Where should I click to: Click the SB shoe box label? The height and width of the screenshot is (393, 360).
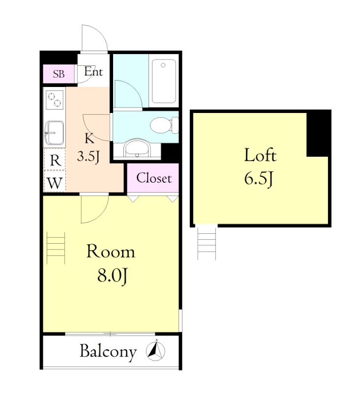click(59, 74)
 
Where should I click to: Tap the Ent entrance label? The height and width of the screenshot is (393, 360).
click(93, 72)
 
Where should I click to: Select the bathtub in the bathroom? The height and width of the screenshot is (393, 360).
click(164, 81)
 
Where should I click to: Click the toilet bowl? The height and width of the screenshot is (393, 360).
click(164, 125)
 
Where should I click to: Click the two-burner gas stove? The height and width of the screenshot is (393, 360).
click(55, 100)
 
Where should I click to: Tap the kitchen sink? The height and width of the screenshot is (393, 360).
click(54, 133)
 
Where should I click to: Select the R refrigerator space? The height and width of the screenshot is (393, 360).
click(55, 160)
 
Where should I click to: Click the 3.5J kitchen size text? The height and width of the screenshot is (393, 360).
click(89, 157)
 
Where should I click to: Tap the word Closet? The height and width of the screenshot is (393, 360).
click(154, 178)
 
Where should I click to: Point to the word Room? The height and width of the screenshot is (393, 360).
click(111, 252)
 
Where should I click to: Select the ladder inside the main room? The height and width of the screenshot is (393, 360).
click(56, 248)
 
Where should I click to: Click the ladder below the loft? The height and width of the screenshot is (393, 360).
click(207, 243)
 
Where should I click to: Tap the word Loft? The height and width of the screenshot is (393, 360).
click(260, 155)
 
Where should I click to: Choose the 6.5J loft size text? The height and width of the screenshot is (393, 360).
click(259, 179)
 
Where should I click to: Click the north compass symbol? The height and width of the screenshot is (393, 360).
click(155, 350)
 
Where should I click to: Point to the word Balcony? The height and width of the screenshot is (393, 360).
click(108, 352)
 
